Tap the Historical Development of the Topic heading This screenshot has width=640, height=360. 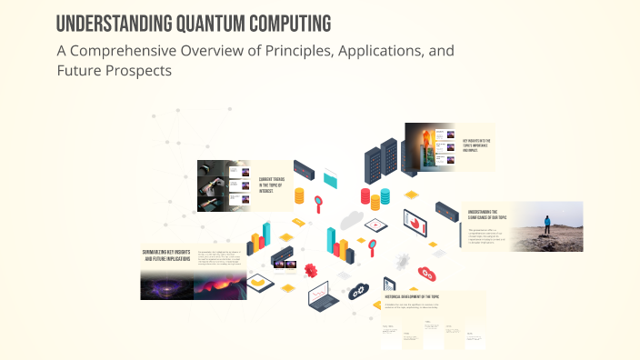click(421, 297)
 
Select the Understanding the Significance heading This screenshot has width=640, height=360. click(491, 215)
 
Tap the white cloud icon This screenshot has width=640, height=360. click(352, 219)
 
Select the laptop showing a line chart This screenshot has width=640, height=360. click(321, 295)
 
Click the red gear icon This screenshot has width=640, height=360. click(311, 269)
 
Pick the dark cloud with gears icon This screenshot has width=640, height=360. click(360, 291)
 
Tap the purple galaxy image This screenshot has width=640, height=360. click(165, 286)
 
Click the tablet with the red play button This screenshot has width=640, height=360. click(376, 223)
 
